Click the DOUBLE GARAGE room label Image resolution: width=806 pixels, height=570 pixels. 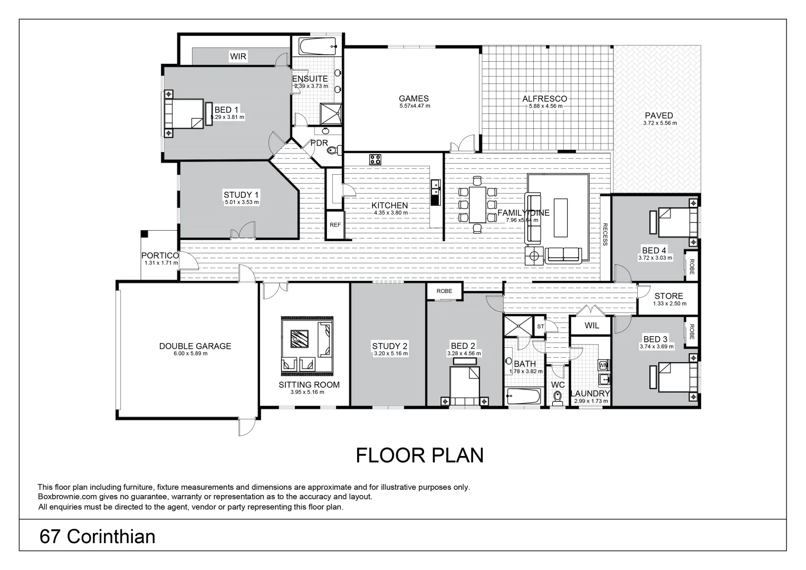[x=195, y=346]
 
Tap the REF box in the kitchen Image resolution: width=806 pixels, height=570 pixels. [x=335, y=225]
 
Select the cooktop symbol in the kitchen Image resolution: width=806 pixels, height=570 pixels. [x=375, y=159]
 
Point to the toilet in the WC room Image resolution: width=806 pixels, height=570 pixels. [x=558, y=400]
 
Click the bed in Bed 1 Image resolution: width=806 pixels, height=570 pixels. [x=184, y=114]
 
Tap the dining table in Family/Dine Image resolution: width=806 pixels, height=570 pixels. [x=477, y=204]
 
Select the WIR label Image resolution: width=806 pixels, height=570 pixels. [x=238, y=56]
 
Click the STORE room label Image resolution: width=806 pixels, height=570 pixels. [x=668, y=296]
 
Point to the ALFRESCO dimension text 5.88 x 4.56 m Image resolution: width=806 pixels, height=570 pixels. [x=545, y=106]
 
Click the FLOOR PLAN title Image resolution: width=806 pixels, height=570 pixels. [x=419, y=455]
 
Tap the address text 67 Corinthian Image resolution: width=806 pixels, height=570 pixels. [x=98, y=537]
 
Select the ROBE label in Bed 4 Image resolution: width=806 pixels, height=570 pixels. [x=691, y=264]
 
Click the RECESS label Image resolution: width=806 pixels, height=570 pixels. [x=605, y=235]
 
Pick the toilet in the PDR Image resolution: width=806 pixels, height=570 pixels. [x=333, y=151]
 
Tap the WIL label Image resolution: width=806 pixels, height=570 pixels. [x=592, y=326]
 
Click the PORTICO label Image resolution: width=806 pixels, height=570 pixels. [x=160, y=255]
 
